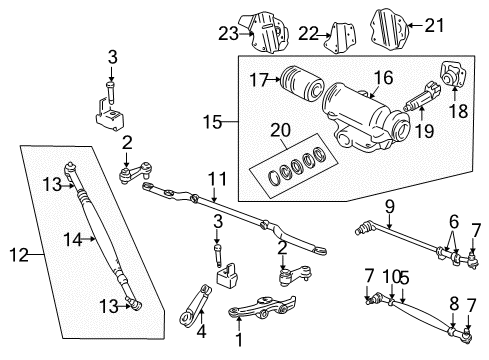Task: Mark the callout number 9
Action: pos(391,207)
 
